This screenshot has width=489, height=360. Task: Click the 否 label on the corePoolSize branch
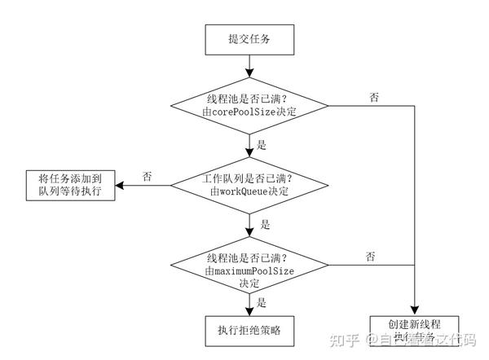coord(374,98)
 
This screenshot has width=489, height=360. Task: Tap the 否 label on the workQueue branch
coord(146,175)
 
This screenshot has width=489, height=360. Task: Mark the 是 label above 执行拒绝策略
coord(262,301)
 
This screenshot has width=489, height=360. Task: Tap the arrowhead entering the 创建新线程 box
coord(416,310)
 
